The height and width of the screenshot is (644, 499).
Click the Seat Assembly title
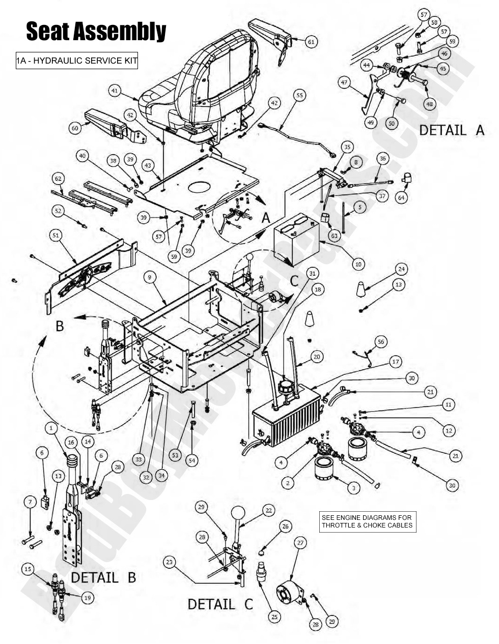point(96,32)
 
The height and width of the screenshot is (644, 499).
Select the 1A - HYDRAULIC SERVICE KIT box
point(77,61)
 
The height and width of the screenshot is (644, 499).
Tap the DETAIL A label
point(452,130)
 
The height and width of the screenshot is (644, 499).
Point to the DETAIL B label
point(103,578)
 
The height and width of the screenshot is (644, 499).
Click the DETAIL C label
point(220,604)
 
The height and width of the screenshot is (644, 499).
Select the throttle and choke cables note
point(367,521)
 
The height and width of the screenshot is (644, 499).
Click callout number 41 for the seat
point(115,91)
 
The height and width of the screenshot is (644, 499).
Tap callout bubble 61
point(311,42)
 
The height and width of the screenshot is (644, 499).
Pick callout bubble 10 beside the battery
point(358,264)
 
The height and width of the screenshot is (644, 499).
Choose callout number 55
point(299,95)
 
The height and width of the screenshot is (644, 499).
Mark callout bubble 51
point(56,235)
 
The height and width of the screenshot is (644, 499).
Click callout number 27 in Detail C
point(300,543)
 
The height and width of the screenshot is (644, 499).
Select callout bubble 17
point(396,362)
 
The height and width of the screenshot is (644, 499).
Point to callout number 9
point(149,277)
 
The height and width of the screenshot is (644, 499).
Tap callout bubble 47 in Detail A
point(344,82)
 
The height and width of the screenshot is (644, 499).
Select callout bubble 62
point(58,179)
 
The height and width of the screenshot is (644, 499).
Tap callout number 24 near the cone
point(402,269)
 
